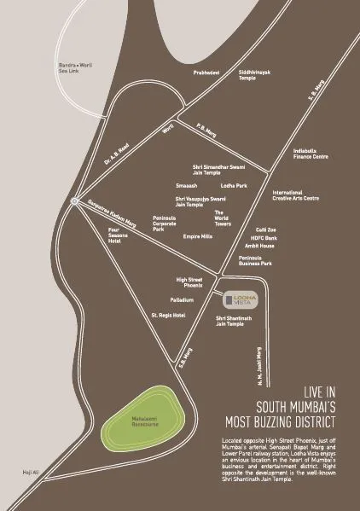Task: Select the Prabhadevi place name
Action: pyautogui.click(x=206, y=73)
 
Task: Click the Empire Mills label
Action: pyautogui.click(x=197, y=235)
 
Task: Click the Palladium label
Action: pyautogui.click(x=182, y=300)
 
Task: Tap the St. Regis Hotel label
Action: pyautogui.click(x=167, y=316)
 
